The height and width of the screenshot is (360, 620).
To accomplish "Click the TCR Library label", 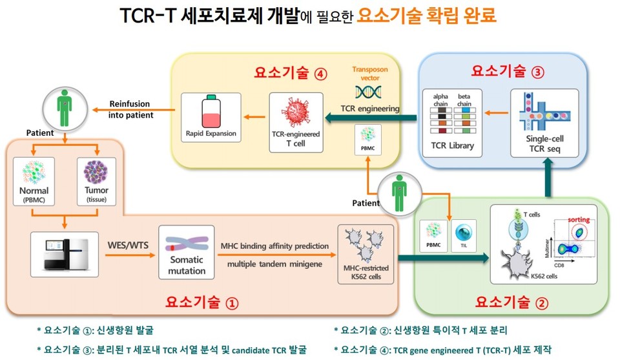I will (451, 145).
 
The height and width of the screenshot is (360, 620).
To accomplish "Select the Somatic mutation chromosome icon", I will (186, 247).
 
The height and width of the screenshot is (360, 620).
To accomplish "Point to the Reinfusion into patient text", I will (131, 109).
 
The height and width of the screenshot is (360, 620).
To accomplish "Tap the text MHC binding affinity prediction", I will (275, 246).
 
